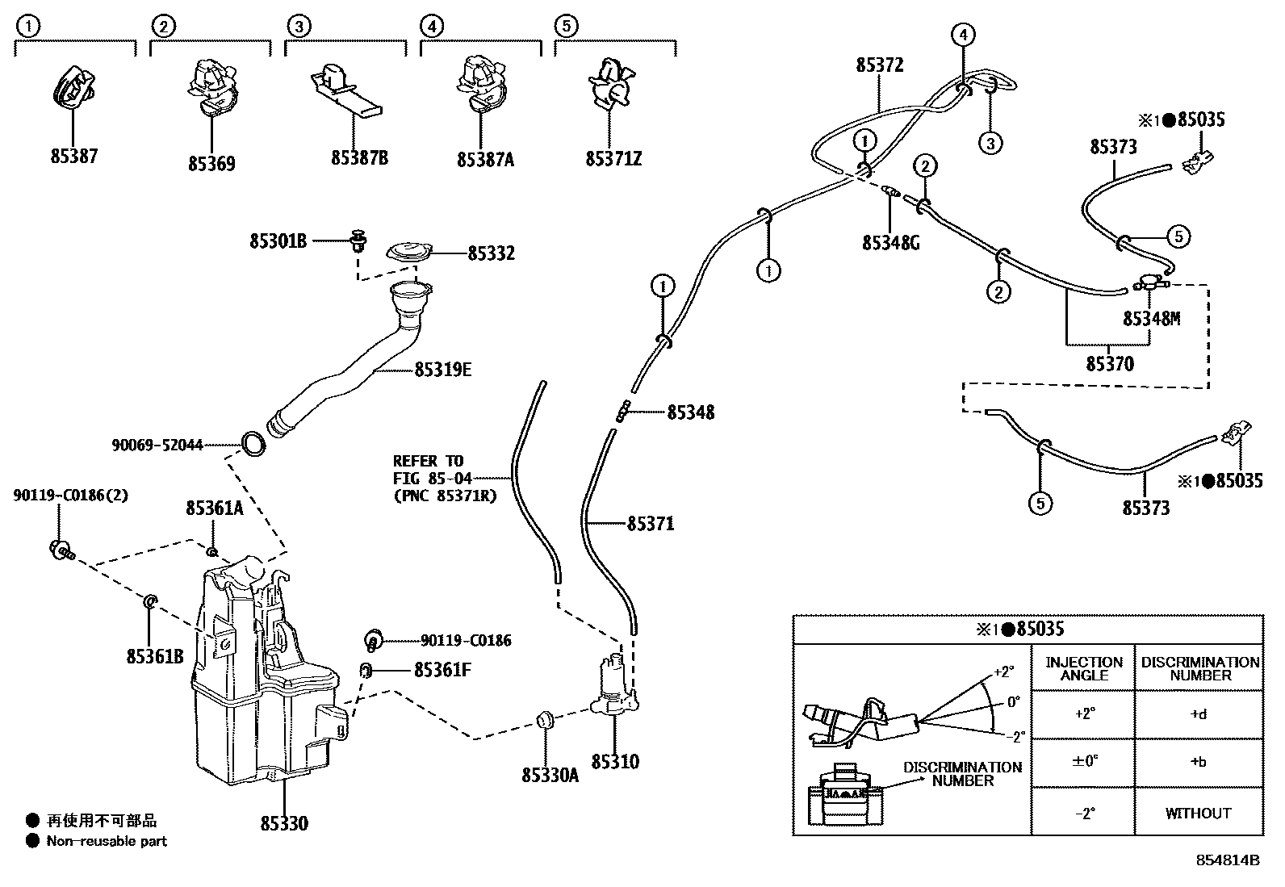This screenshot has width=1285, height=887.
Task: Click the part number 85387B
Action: [359, 157]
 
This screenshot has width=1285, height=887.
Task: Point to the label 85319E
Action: [442, 370]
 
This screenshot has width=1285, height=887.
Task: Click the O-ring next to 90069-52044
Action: [253, 443]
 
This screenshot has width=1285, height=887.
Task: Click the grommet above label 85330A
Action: [545, 720]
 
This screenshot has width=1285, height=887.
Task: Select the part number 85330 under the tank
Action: [284, 823]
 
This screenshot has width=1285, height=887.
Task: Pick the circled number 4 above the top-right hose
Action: [962, 34]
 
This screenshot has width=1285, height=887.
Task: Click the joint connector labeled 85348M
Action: [1149, 282]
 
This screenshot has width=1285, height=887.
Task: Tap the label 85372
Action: [880, 65]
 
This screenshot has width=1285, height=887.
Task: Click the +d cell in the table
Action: [1199, 714]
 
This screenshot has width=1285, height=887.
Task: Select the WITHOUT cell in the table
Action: [1199, 813]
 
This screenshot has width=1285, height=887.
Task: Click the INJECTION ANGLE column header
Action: [1083, 667]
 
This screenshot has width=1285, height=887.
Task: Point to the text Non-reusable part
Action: [107, 841]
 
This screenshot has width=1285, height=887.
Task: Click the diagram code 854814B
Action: [1227, 860]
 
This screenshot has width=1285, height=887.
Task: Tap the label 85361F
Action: [442, 669]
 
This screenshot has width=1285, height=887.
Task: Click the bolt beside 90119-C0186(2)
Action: [60, 551]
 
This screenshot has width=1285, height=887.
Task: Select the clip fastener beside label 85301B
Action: [359, 240]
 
